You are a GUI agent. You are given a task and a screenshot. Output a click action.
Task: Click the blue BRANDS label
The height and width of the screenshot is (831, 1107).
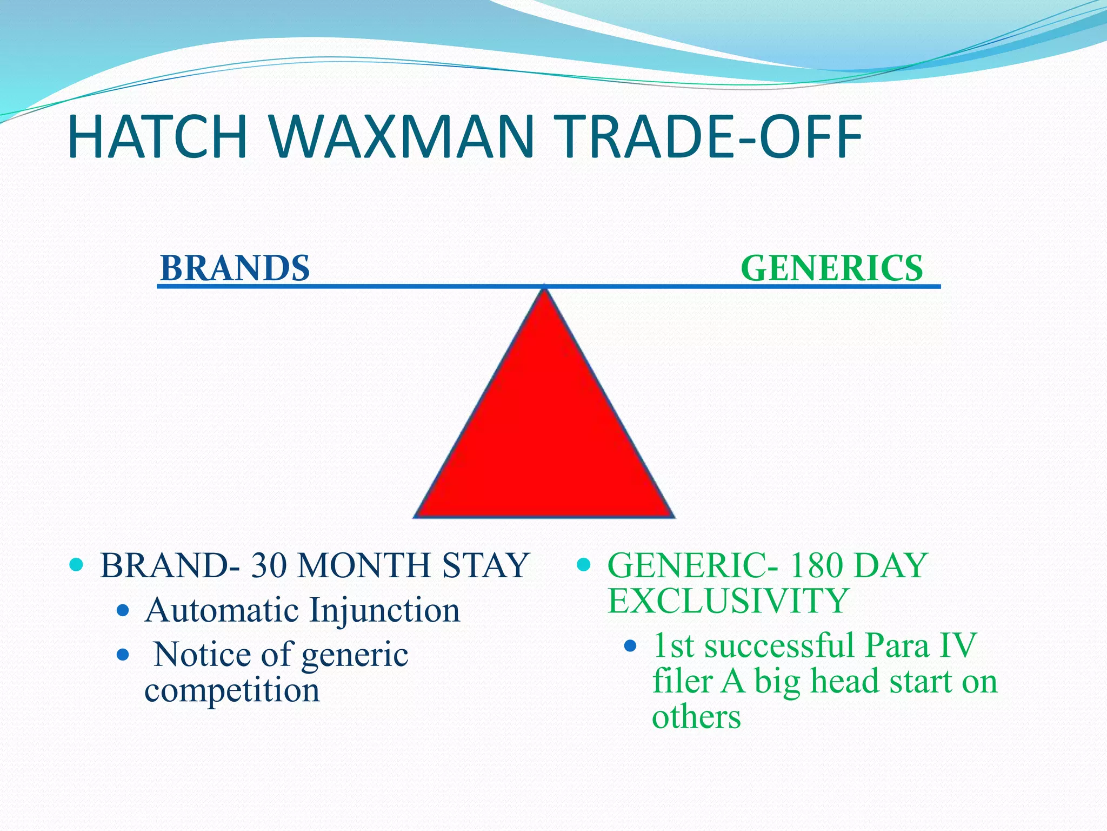pyautogui.click(x=235, y=268)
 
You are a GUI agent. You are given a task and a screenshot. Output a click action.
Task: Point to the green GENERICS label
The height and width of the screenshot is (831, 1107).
pyautogui.click(x=831, y=268)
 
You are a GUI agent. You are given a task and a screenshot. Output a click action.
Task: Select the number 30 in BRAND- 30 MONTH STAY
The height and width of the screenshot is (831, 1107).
pyautogui.click(x=269, y=566)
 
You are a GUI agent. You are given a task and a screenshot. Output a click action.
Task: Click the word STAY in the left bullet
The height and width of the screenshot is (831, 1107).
pyautogui.click(x=485, y=566)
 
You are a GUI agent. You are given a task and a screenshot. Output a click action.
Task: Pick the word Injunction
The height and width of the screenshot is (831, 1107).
pyautogui.click(x=384, y=610)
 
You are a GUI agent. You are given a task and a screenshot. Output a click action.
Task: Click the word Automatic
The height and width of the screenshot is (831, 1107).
pyautogui.click(x=222, y=610)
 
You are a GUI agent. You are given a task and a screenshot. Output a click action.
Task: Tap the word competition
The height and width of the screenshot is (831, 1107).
pyautogui.click(x=232, y=691)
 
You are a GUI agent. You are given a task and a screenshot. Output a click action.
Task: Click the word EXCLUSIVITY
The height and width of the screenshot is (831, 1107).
pyautogui.click(x=728, y=601)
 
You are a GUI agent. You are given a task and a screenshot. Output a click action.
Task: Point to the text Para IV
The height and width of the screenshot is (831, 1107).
pyautogui.click(x=920, y=645)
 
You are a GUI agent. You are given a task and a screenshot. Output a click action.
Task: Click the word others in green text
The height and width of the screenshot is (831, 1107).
pyautogui.click(x=696, y=717)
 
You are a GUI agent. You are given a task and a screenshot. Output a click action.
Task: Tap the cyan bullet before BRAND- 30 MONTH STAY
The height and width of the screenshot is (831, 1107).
pyautogui.click(x=77, y=565)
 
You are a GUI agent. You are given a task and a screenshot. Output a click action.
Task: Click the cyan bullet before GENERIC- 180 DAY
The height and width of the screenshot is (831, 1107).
pyautogui.click(x=584, y=565)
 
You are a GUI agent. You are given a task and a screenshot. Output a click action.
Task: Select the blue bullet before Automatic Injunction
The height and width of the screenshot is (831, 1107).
pyautogui.click(x=123, y=611)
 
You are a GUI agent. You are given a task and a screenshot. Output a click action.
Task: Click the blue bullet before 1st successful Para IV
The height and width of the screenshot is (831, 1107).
pyautogui.click(x=630, y=645)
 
